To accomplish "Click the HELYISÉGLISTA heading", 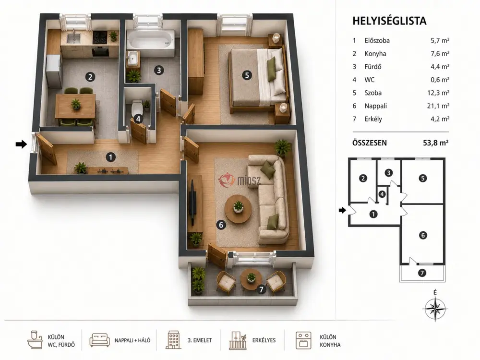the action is (x=389, y=21).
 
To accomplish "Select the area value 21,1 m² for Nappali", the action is (x=438, y=106).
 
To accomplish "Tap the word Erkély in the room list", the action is (x=373, y=119).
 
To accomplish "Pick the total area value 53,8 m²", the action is (x=436, y=143).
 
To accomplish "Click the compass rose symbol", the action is (x=435, y=308).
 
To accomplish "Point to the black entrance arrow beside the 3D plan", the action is (x=22, y=144).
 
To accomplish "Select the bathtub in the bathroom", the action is (x=150, y=41).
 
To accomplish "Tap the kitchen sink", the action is (x=73, y=38).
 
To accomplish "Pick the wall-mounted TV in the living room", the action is (x=193, y=202).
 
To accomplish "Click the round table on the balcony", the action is (x=251, y=279).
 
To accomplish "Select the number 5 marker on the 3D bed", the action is (x=247, y=75).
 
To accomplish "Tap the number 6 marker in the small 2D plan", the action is (x=423, y=235).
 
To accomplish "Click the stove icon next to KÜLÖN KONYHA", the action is (x=303, y=340).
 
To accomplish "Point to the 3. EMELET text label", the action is (x=200, y=340).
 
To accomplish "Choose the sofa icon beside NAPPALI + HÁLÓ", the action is (x=99, y=340).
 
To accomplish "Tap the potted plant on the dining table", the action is (x=76, y=104).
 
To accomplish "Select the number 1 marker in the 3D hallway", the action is (x=110, y=157).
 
